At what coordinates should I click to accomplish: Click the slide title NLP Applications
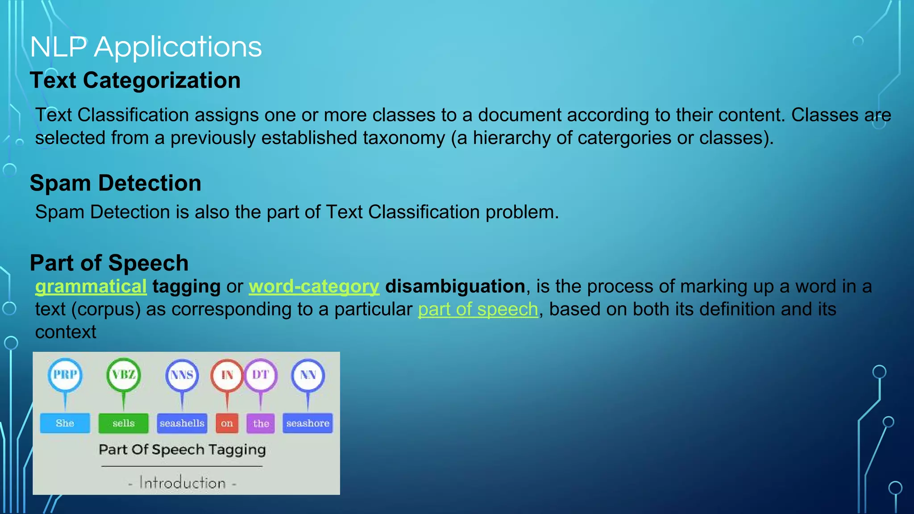pos(146,47)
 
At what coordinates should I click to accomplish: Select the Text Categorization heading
pos(135,81)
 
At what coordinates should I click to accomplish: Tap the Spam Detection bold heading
pos(115,183)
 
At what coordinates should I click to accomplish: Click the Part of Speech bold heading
pos(109,263)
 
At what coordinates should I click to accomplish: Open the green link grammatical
pos(91,286)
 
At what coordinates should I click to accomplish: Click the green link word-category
pos(314,286)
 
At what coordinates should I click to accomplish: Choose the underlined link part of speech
pos(478,309)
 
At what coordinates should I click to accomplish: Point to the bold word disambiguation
pos(455,286)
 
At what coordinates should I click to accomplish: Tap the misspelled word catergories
pos(624,138)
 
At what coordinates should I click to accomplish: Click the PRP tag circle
pos(65,375)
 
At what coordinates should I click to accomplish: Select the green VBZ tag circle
pos(124,375)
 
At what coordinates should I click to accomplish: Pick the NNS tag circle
pos(182,375)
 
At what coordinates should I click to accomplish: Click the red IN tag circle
pos(227,375)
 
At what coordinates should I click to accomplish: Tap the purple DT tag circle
pos(261,375)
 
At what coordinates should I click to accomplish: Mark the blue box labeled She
pos(65,423)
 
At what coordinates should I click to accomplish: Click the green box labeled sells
pos(123,423)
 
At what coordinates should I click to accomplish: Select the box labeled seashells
pos(182,423)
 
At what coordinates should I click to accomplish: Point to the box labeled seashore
pos(307,423)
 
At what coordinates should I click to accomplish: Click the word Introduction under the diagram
pos(182,483)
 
